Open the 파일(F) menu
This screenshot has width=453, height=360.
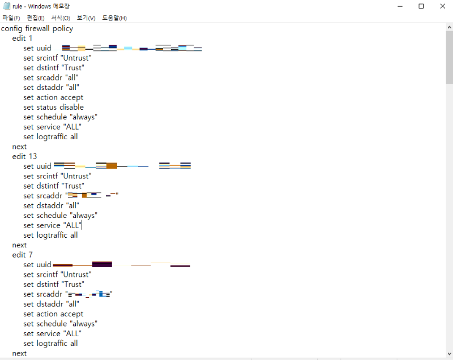tap(11, 18)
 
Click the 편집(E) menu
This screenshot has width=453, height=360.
tap(36, 18)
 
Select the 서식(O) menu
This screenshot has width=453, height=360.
tap(61, 18)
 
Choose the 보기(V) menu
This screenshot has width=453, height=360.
tap(86, 18)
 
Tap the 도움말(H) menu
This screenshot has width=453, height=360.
tap(114, 18)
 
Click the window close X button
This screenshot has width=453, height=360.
tap(442, 6)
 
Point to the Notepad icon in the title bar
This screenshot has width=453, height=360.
tap(6, 6)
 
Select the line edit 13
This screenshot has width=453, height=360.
tap(25, 156)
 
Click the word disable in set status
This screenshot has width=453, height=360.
tap(71, 107)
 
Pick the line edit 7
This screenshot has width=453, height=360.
tap(23, 255)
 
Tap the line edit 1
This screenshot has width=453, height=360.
tap(23, 38)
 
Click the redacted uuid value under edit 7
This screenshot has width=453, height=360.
tap(121, 264)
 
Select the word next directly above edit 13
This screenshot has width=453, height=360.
tap(19, 147)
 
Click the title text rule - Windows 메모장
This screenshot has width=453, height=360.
tap(41, 6)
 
